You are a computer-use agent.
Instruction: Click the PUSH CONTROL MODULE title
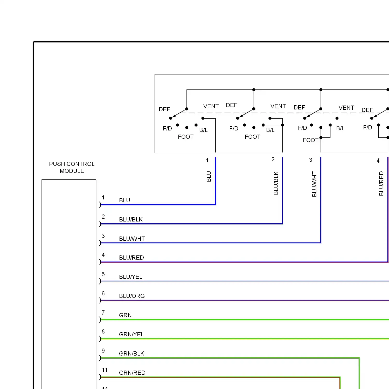click(x=72, y=168)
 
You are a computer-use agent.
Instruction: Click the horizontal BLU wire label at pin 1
click(x=124, y=200)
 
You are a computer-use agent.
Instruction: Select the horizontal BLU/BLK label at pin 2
click(x=131, y=219)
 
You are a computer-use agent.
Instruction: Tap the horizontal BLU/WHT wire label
click(x=132, y=239)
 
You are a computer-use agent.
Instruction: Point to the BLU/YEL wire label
click(x=130, y=277)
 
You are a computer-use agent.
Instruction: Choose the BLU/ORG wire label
click(x=132, y=296)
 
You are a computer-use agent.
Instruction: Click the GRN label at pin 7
click(x=125, y=315)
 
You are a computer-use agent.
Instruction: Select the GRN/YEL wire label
click(x=131, y=334)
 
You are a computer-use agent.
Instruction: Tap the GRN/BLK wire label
click(x=131, y=353)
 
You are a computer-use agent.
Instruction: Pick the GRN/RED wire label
click(x=132, y=373)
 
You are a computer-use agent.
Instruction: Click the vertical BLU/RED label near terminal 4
click(x=381, y=183)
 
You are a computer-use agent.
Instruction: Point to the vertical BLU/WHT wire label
click(x=314, y=184)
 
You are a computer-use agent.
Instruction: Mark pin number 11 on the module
click(x=105, y=370)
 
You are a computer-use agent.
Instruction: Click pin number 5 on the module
click(x=103, y=274)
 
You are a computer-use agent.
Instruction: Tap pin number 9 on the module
click(x=103, y=351)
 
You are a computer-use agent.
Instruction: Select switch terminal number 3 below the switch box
click(x=310, y=160)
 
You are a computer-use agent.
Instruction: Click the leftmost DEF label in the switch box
click(x=164, y=109)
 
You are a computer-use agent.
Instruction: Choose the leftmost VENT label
click(x=211, y=106)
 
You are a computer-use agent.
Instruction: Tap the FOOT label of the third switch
click(x=310, y=140)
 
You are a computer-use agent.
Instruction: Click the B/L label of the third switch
click(x=340, y=128)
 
